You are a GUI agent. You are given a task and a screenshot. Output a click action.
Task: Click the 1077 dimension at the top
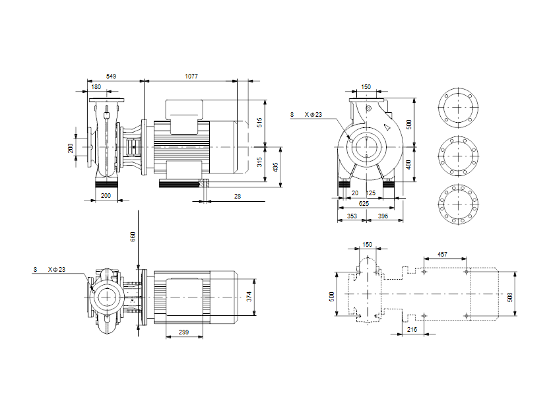[191, 77]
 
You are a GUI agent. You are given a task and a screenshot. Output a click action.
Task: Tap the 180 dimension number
[96, 87]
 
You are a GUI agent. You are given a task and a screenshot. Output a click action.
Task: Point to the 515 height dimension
[259, 123]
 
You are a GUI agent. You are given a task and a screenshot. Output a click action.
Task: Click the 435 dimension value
[276, 168]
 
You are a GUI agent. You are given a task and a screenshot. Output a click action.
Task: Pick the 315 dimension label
[259, 162]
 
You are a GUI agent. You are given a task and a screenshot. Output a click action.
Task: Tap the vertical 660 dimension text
[133, 237]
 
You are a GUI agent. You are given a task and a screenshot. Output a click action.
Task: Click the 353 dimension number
[352, 216]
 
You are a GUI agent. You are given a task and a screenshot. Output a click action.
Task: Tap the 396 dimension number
[382, 216]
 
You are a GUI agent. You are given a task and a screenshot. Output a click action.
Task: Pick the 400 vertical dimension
[408, 164]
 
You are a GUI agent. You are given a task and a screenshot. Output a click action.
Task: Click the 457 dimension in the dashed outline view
[443, 254]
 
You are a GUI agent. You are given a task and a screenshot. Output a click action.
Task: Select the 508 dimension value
[509, 296]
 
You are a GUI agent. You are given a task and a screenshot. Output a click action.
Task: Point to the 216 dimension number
[412, 328]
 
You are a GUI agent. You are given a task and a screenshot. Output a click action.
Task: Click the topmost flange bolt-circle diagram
[457, 106]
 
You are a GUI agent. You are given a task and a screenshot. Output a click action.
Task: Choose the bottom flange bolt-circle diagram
[457, 205]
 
